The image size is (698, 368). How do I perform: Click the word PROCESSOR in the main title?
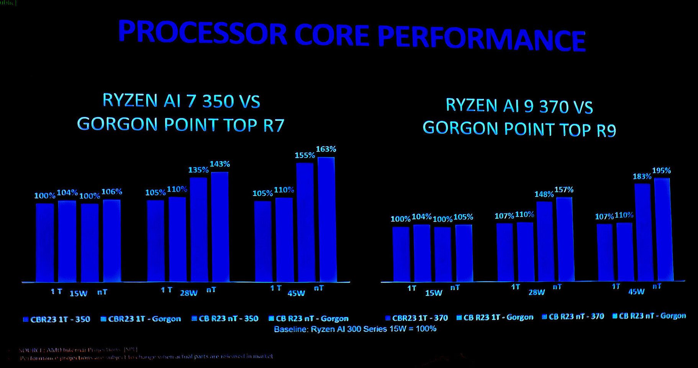pos(202,33)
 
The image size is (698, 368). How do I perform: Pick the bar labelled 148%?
pos(544,242)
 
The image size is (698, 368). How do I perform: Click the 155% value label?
pos(305,155)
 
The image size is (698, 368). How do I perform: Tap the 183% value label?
pos(642,176)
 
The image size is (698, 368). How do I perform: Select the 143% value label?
pos(220,164)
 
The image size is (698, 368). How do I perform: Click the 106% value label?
pos(112,192)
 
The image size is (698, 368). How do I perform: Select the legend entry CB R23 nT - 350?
pos(225,319)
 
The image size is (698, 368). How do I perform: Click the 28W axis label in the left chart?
pos(188,293)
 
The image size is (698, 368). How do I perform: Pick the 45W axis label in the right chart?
pos(636,292)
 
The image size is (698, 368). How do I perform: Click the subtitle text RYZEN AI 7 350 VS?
pos(181,101)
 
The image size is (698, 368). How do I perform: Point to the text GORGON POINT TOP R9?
pos(519,129)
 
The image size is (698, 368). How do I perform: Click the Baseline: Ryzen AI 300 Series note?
pos(355,329)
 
